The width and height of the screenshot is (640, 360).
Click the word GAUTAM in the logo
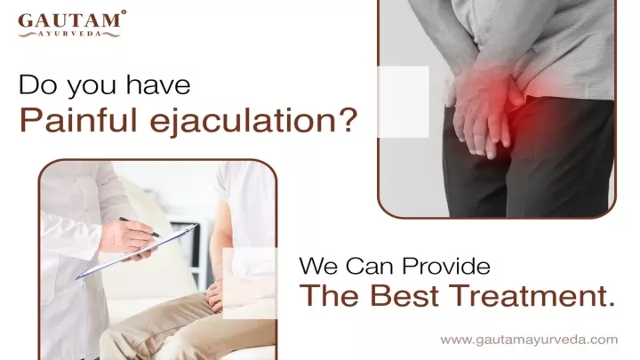pyautogui.click(x=69, y=20)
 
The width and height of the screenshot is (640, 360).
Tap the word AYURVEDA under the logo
pyautogui.click(x=69, y=34)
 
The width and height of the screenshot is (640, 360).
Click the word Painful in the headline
pyautogui.click(x=78, y=120)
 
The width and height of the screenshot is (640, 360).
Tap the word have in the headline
pyautogui.click(x=157, y=85)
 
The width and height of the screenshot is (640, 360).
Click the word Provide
pyautogui.click(x=445, y=266)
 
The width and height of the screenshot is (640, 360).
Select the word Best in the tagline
pyautogui.click(x=404, y=295)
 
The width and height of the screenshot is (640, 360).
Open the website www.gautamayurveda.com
pyautogui.click(x=529, y=340)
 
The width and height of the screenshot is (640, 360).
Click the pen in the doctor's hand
pyautogui.click(x=140, y=227)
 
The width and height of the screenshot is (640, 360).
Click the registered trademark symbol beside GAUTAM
pyautogui.click(x=124, y=12)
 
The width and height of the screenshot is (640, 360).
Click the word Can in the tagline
pyautogui.click(x=370, y=266)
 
